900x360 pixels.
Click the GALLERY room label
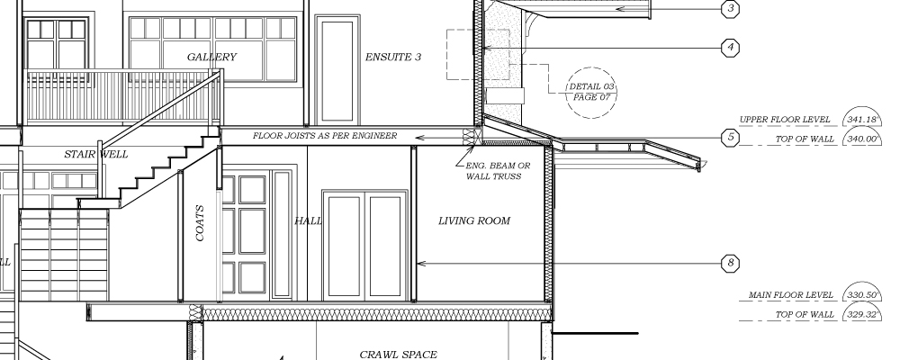tap(211, 57)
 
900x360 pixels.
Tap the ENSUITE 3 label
tap(393, 57)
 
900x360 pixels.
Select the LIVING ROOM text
tap(474, 220)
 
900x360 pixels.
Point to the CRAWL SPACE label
tap(399, 355)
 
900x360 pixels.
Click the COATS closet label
tap(200, 223)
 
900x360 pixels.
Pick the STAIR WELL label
tap(96, 154)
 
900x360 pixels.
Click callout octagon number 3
tap(730, 9)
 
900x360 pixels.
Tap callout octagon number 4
tap(730, 47)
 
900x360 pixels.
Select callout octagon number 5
tap(730, 137)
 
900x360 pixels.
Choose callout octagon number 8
tap(730, 263)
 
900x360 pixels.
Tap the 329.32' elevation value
tap(862, 315)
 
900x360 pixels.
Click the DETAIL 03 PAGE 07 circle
tap(591, 67)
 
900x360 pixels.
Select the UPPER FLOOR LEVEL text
tap(785, 120)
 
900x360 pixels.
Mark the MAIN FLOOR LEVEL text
tap(790, 295)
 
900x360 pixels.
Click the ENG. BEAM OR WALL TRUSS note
tap(497, 171)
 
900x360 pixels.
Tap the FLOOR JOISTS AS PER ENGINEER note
tap(325, 136)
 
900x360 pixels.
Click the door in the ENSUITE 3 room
tap(337, 70)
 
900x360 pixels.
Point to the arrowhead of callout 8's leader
tap(420, 264)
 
